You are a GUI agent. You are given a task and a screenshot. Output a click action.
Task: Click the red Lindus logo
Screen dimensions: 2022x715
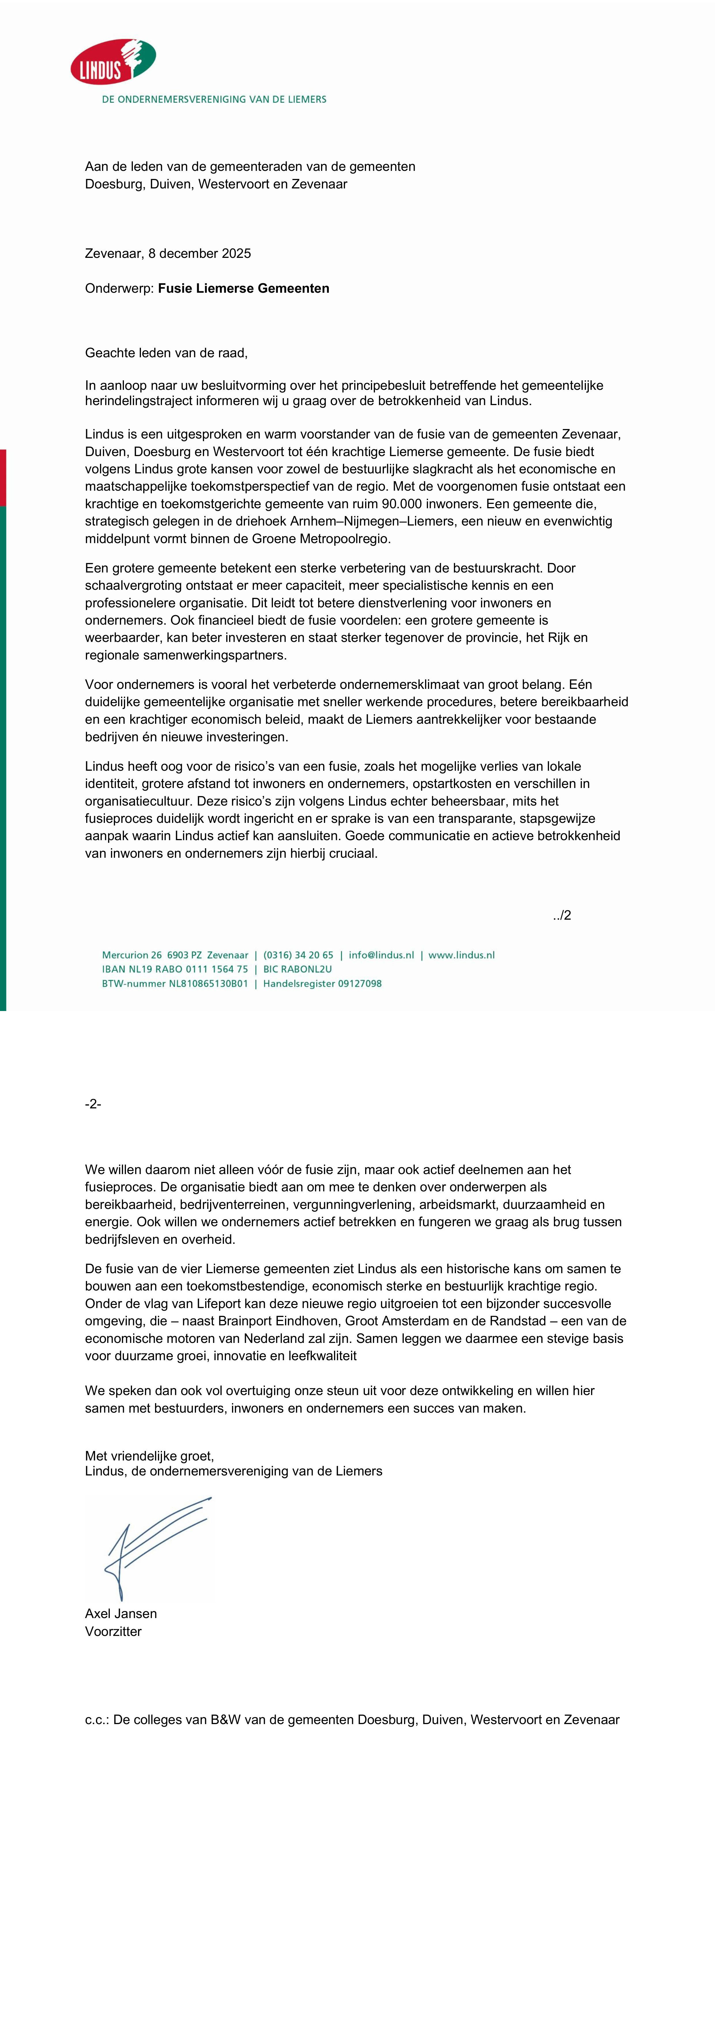point(112,61)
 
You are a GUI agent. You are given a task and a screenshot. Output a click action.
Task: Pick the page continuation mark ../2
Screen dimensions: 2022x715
point(562,915)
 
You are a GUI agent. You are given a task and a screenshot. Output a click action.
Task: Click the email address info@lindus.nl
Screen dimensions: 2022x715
point(382,955)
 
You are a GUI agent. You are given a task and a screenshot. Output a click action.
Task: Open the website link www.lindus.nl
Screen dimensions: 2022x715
point(461,955)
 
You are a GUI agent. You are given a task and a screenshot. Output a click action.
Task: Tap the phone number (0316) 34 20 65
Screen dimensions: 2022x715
point(298,955)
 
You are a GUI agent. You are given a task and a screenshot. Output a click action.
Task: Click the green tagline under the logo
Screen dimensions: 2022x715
point(214,100)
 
